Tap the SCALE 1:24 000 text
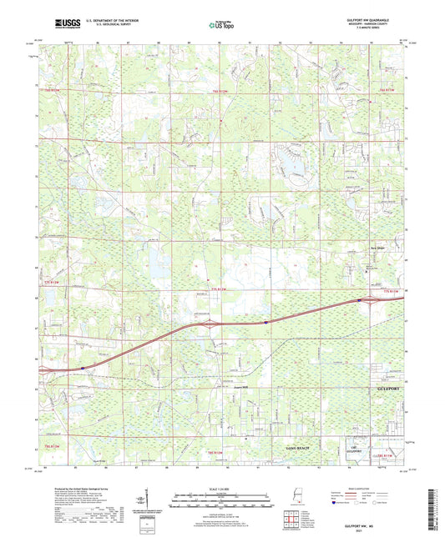click(221, 488)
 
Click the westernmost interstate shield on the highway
click(84, 366)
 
